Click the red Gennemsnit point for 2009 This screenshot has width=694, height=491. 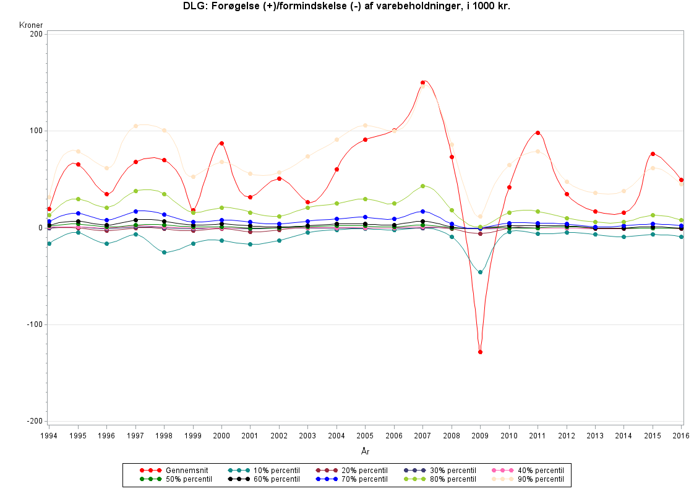point(480,352)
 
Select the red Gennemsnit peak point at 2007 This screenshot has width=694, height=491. point(423,82)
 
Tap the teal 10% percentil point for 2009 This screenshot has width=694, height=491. point(480,272)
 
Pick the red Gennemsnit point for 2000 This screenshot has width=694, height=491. point(221,143)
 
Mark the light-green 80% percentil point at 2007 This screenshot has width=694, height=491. point(423,186)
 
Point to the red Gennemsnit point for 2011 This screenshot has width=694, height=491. point(538,133)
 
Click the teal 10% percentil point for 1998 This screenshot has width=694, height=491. point(164,253)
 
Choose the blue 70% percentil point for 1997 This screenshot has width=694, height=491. point(135,211)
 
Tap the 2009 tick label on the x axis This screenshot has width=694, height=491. point(480,435)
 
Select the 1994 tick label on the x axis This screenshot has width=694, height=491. point(49,435)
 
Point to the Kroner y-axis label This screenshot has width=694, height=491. point(31,25)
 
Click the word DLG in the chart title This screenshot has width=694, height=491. point(192,6)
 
